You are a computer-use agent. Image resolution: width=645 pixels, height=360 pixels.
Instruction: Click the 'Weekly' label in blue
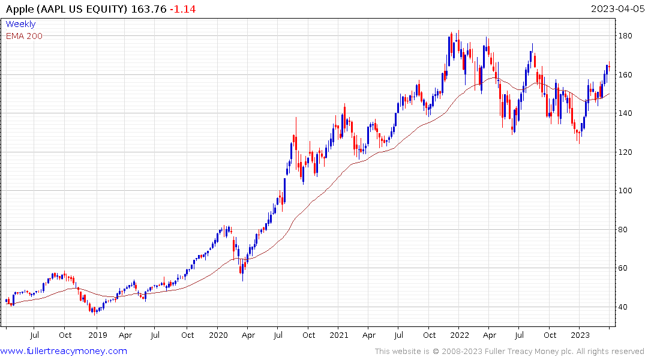point(20,24)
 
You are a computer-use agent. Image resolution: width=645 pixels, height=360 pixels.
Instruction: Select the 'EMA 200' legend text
point(24,36)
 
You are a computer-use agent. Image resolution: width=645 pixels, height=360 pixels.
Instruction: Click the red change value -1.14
point(182,9)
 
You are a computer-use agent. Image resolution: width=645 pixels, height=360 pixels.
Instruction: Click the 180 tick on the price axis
point(626,36)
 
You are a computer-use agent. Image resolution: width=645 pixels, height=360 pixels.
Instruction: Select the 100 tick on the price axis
point(626,191)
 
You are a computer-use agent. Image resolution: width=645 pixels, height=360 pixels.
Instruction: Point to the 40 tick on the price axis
point(624,307)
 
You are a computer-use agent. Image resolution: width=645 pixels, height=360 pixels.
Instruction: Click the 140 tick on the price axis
point(626,113)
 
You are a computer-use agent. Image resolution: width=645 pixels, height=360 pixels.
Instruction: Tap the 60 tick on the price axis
point(624,268)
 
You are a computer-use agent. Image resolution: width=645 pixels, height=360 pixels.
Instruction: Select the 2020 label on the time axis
point(218,335)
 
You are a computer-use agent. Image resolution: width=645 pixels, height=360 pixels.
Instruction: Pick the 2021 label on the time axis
point(339,335)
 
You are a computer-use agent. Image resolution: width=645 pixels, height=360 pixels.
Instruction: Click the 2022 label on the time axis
point(460,335)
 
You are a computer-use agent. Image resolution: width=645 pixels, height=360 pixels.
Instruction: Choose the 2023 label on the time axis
point(580,335)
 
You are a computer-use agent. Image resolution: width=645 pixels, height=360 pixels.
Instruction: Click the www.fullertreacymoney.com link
point(64,351)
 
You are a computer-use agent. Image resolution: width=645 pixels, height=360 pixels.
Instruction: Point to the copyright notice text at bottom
point(509,352)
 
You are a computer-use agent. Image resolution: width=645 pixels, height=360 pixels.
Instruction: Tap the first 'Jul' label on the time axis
point(35,335)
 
